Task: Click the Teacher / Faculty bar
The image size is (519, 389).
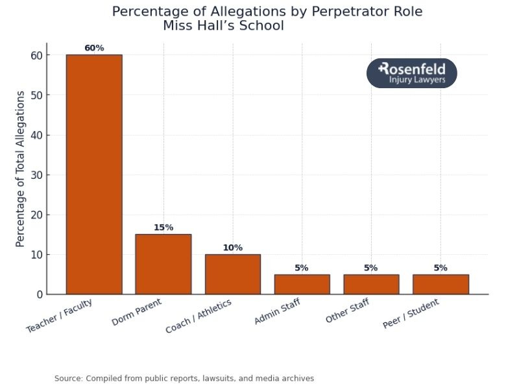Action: coord(94,174)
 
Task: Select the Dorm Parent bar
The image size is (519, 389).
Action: coord(163,264)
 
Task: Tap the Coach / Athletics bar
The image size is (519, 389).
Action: coord(232,274)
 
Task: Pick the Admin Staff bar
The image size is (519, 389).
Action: coord(302,284)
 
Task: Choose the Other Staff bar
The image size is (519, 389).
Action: coord(371,284)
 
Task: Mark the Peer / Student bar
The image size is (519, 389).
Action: coord(441,284)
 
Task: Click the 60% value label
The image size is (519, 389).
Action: coord(94,48)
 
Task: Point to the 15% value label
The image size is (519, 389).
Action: coord(163,228)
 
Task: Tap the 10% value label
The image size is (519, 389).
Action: coord(232,248)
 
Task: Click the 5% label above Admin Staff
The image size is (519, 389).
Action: coord(302,268)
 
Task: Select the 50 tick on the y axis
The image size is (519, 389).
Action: coord(36,95)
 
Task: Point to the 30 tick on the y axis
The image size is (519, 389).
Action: coord(36,175)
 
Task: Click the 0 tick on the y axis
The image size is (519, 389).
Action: coord(40,294)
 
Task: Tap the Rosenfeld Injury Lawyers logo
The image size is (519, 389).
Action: coord(412,73)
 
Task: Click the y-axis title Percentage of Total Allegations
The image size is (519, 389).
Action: coord(20,169)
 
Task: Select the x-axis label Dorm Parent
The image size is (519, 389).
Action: coord(136,312)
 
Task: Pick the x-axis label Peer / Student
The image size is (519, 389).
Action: coord(411,314)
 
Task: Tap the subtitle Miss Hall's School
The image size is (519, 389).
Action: coord(223,26)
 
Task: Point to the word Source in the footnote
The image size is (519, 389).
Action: coord(68,378)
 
